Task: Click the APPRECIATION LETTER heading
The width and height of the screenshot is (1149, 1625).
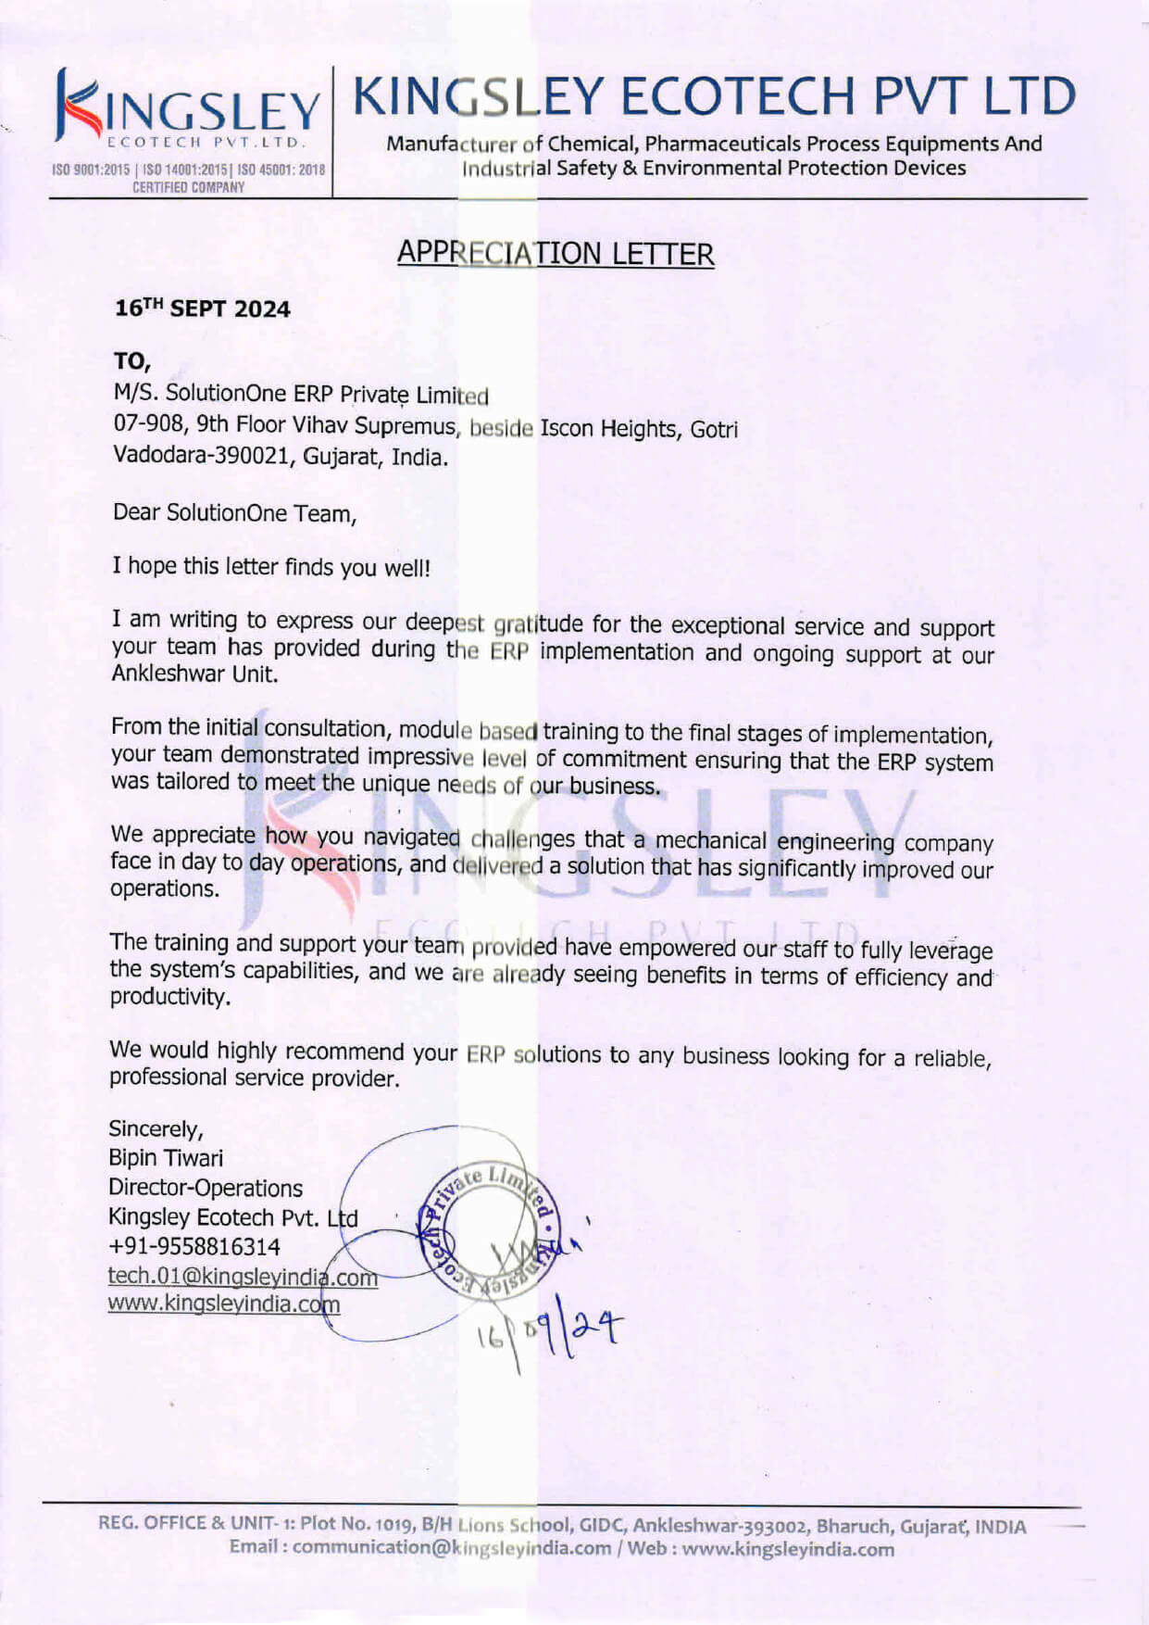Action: click(556, 253)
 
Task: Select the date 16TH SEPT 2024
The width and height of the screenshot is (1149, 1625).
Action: click(202, 309)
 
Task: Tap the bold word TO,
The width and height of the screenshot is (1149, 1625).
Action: click(131, 361)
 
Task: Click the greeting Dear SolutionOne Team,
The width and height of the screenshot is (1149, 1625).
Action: click(234, 513)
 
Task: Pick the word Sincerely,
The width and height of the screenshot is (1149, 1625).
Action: click(156, 1128)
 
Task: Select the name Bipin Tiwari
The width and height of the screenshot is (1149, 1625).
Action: click(166, 1158)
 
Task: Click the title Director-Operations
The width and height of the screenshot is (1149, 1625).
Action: click(206, 1188)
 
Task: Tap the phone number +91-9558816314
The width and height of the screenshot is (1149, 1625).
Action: click(194, 1247)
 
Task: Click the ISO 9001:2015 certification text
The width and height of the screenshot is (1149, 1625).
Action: click(92, 170)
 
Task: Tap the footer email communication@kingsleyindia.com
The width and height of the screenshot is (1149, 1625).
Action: click(452, 1548)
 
